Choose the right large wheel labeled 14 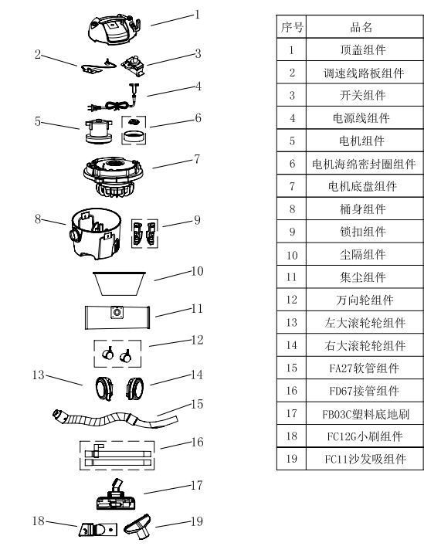pyautogui.click(x=136, y=386)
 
